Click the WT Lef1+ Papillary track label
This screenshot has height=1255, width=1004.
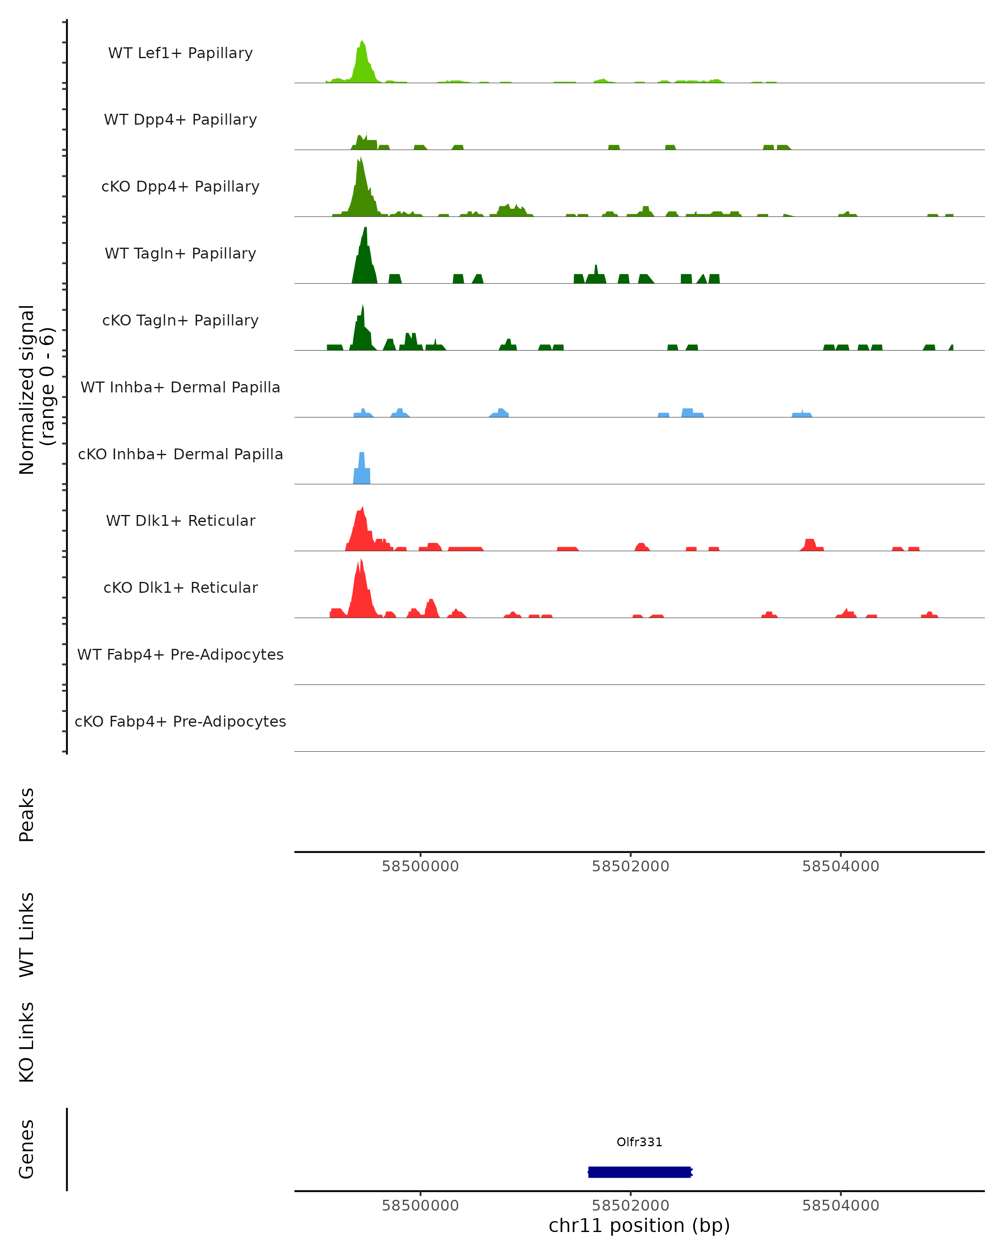pyautogui.click(x=180, y=53)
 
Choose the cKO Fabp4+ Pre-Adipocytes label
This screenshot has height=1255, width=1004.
pyautogui.click(x=180, y=721)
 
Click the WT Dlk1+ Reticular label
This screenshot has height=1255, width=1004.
pyautogui.click(x=180, y=520)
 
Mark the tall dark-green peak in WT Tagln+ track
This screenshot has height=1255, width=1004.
pyautogui.click(x=364, y=256)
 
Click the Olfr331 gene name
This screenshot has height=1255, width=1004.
pyautogui.click(x=639, y=1142)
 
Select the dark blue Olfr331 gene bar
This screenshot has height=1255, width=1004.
pyautogui.click(x=639, y=1172)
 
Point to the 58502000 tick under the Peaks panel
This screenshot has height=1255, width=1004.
pyautogui.click(x=630, y=866)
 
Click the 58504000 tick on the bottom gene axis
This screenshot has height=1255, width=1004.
pyautogui.click(x=840, y=1206)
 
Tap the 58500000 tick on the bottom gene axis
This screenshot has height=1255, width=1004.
pyautogui.click(x=420, y=1206)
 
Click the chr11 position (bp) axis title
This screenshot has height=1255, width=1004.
pyautogui.click(x=639, y=1225)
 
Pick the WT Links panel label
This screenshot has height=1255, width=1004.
pyautogui.click(x=27, y=934)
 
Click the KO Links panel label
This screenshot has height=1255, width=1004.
pyautogui.click(x=27, y=1042)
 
